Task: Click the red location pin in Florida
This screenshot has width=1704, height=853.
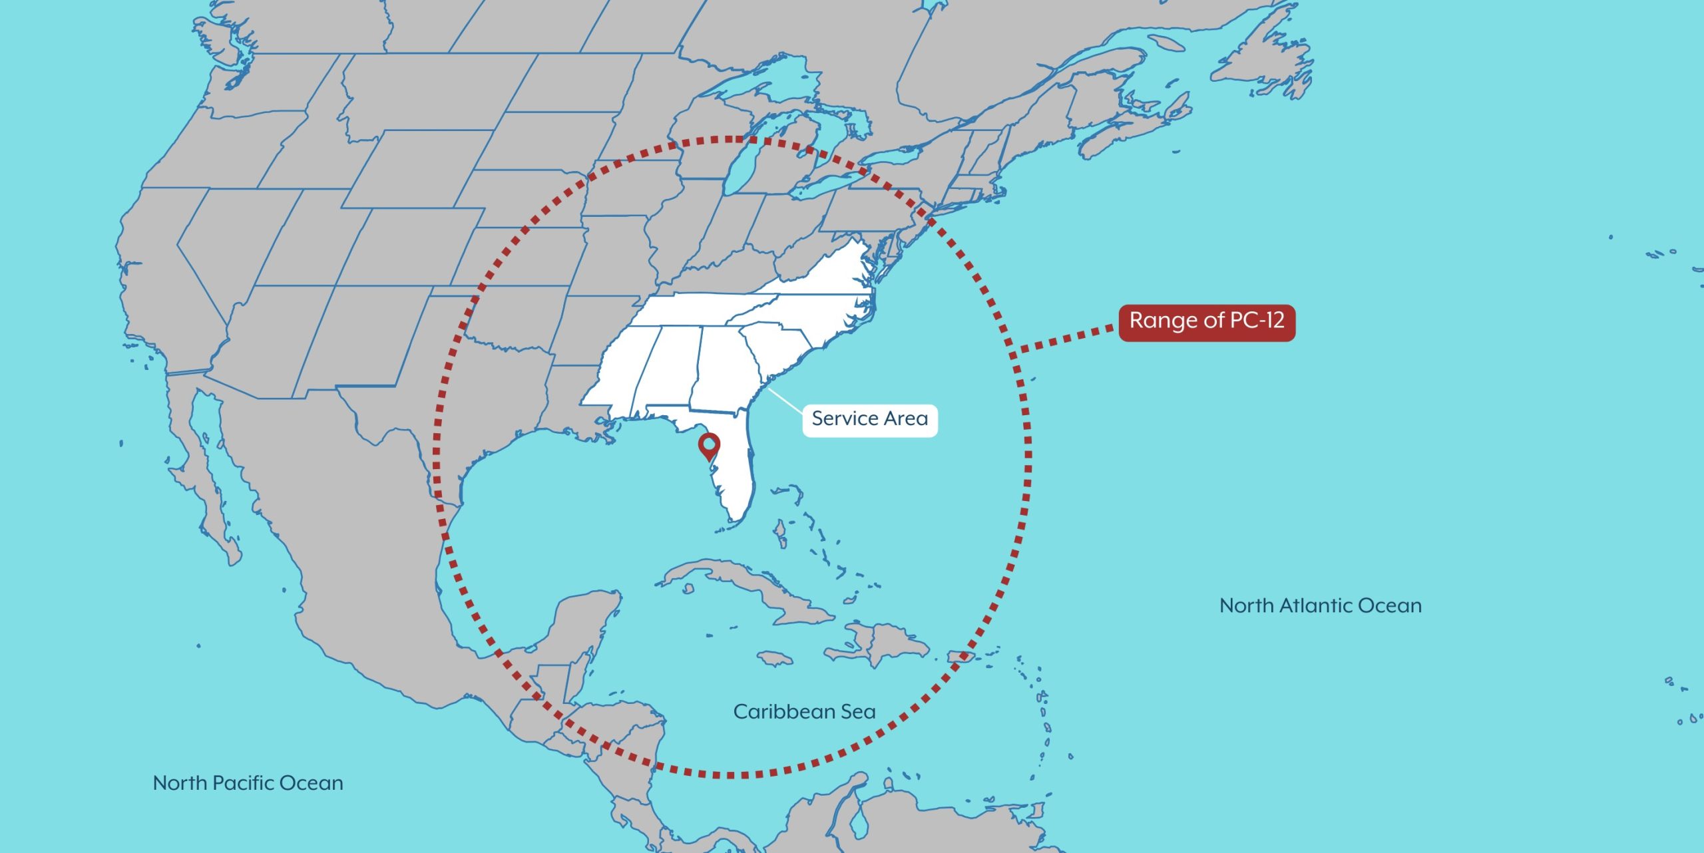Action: [x=710, y=444]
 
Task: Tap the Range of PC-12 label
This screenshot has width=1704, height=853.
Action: [x=1206, y=322]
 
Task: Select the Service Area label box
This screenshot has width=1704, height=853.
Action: [x=869, y=420]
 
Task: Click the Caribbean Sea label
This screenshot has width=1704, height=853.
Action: [x=804, y=711]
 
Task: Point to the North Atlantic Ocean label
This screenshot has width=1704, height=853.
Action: [x=1320, y=605]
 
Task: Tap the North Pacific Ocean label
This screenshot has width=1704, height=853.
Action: [x=248, y=782]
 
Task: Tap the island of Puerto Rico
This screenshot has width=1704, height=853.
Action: [x=960, y=657]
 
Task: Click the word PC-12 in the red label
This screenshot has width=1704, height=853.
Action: [x=1257, y=321]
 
